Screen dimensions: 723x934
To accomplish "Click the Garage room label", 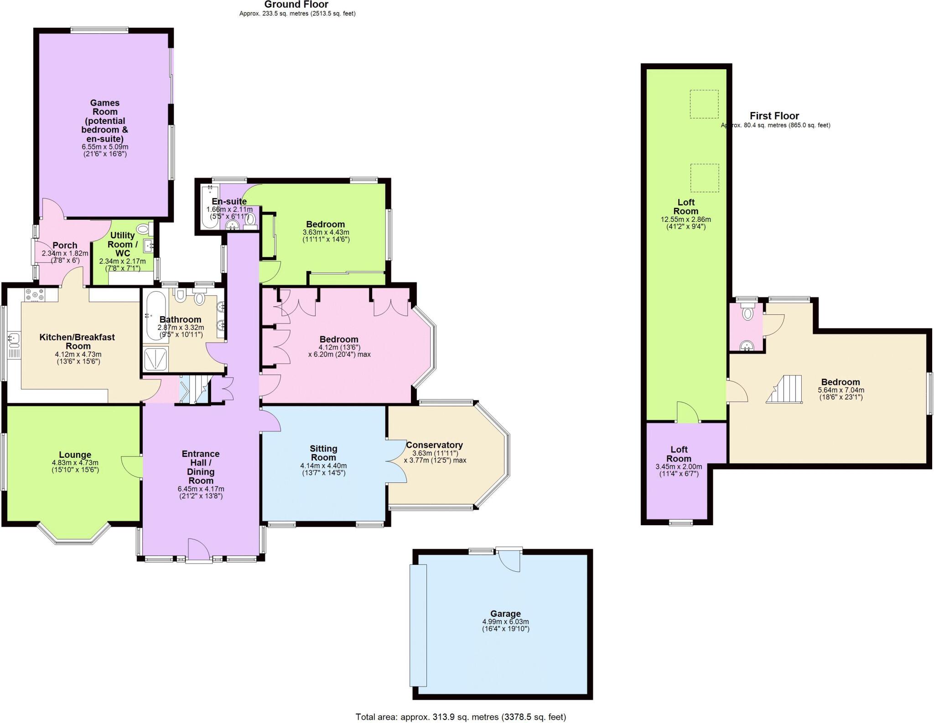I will pos(505,614).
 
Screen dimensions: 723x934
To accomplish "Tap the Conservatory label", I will pos(434,445).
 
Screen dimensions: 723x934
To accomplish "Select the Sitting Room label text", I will pos(323,453).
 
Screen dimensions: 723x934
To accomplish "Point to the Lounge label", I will pos(75,455).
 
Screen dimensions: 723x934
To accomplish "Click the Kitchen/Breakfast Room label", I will pos(77,341).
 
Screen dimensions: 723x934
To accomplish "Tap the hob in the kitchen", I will pos(35,295).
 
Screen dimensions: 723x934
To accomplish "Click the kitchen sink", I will pos(13,338).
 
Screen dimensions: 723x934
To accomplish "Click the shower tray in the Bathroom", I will pos(156,359).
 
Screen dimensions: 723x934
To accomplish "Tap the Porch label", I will pos(65,246).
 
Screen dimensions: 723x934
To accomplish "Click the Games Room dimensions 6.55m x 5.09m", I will pos(105,147).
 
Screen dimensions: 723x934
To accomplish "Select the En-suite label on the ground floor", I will pos(229,201).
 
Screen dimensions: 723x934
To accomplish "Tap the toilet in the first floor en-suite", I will pos(747,313).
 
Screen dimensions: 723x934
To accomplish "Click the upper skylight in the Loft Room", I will pos(704,104).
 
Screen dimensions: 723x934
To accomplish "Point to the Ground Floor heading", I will pos(296,5).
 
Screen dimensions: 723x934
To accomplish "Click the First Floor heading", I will pos(774,116).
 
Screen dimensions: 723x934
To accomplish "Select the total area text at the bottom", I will pos(461,717).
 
